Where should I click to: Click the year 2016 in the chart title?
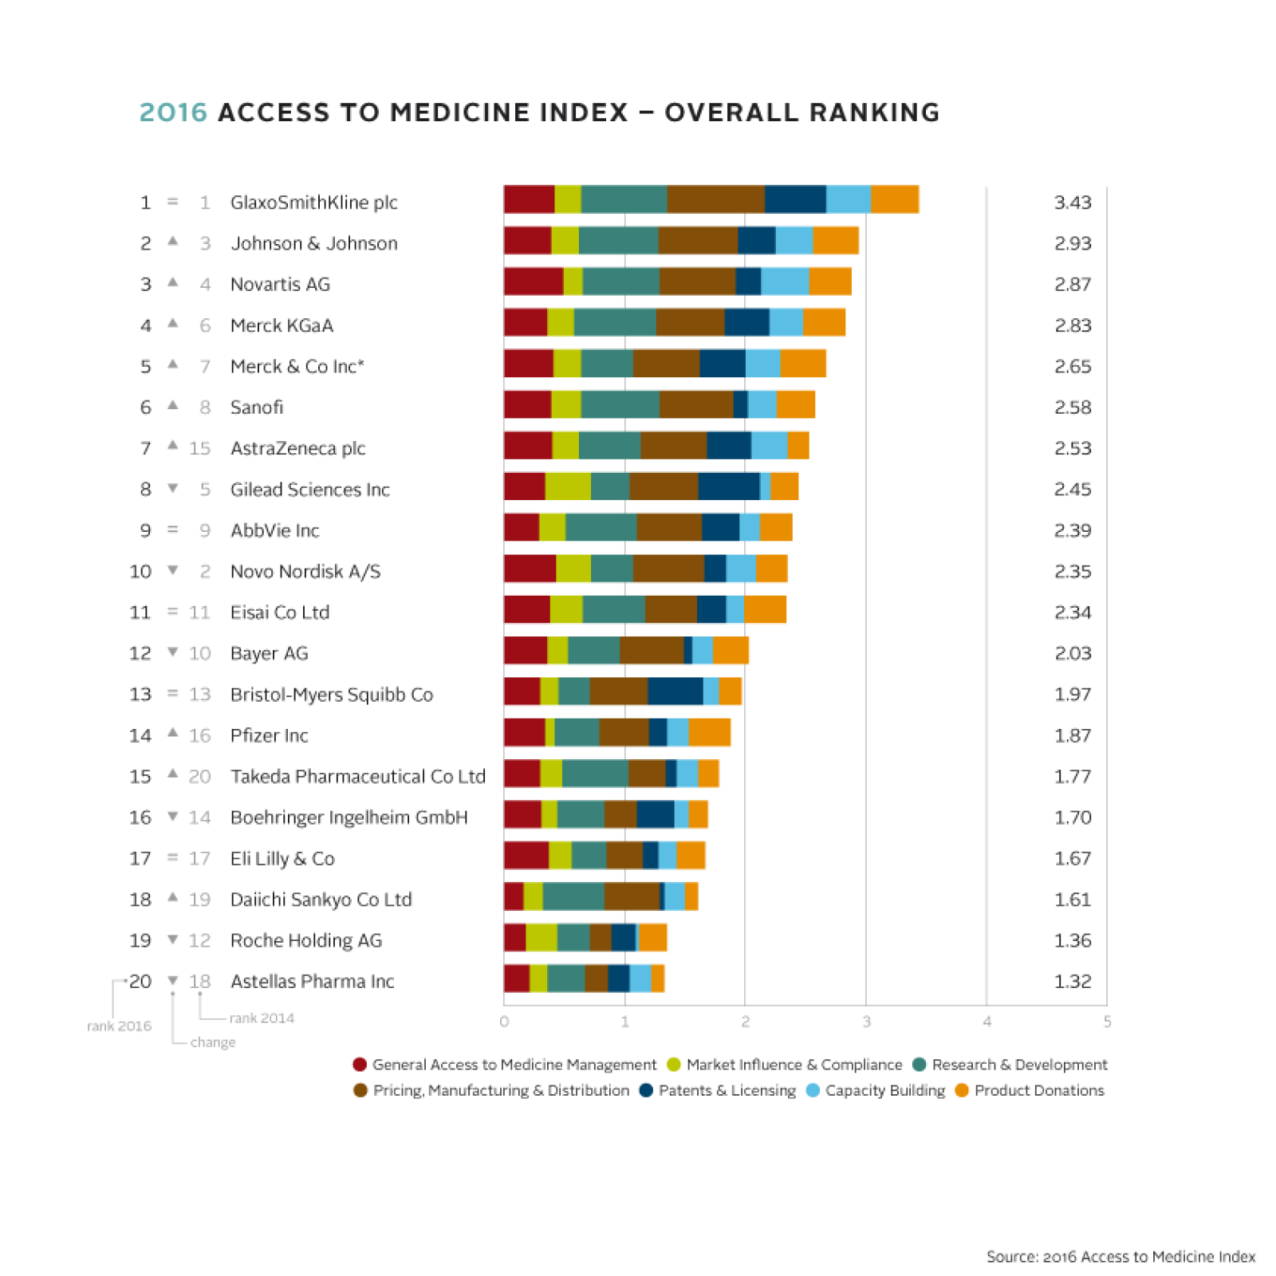coord(173,112)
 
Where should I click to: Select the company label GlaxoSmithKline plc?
coord(313,203)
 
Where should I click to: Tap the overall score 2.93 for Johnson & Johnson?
coord(1072,243)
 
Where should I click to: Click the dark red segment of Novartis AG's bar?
coord(533,282)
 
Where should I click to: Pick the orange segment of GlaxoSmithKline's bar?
coord(894,199)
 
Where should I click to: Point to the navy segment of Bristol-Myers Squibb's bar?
coord(675,691)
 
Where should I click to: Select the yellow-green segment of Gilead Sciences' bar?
coord(568,486)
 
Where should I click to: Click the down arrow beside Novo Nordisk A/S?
coord(172,570)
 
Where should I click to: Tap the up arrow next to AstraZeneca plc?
coord(172,446)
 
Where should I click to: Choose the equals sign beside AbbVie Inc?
coord(172,530)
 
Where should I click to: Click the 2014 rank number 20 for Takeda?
coord(199,777)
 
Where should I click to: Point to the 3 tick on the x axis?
coord(866,1022)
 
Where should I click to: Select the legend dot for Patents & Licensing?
coord(646,1090)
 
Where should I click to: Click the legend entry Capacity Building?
coord(884,1090)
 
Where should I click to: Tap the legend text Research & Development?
coord(1019,1065)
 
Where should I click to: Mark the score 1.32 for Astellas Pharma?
coord(1072,982)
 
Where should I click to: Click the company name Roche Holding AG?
coord(305,941)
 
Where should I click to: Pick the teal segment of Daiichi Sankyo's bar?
coord(573,896)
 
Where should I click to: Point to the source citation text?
coord(1120,1257)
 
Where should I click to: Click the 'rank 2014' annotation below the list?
coord(262,1018)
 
